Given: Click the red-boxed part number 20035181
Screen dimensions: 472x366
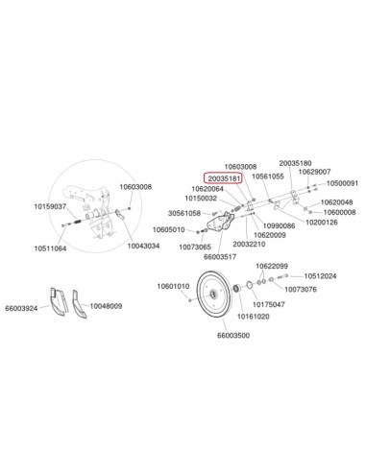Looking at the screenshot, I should click(x=226, y=177).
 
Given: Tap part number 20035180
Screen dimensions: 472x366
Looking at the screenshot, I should click(x=295, y=163).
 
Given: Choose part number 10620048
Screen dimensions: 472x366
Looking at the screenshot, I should click(x=337, y=202).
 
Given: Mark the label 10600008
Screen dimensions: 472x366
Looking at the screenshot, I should click(x=337, y=212).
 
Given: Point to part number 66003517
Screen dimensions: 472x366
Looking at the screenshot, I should click(x=220, y=256).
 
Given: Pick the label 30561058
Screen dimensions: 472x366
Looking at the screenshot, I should click(x=184, y=213).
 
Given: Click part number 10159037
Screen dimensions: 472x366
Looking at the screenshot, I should click(x=49, y=206).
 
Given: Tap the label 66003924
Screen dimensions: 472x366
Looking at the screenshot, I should click(x=22, y=308).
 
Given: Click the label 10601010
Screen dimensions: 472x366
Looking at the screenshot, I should click(x=174, y=286).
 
